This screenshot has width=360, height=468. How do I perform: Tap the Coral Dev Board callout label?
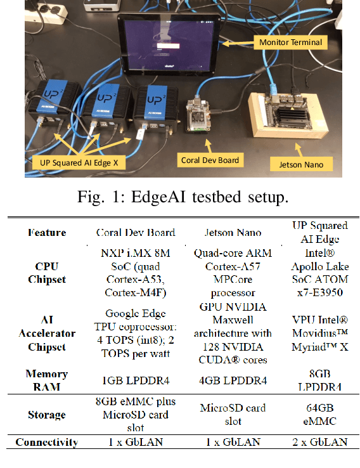210,160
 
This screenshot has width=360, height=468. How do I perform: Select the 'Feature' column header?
46,232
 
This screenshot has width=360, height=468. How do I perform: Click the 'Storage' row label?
46,415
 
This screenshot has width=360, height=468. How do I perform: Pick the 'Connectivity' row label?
46,442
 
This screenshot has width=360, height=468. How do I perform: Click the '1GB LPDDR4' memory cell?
136,381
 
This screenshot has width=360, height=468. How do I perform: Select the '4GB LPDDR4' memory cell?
232,381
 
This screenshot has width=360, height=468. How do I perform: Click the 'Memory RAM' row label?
46,380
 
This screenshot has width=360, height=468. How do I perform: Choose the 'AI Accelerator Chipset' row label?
46,334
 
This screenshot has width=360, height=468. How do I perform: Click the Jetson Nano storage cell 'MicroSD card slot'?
232,415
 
